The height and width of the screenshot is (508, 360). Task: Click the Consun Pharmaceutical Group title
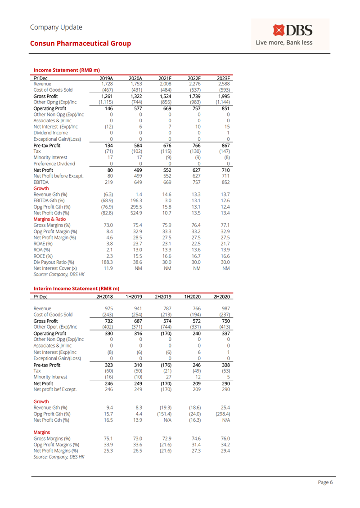[81, 44]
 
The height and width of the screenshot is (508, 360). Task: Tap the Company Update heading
[56, 27]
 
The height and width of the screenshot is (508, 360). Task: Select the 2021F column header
[160, 78]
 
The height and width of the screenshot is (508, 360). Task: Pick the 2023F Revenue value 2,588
[223, 84]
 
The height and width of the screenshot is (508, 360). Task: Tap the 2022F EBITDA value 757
[193, 183]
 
